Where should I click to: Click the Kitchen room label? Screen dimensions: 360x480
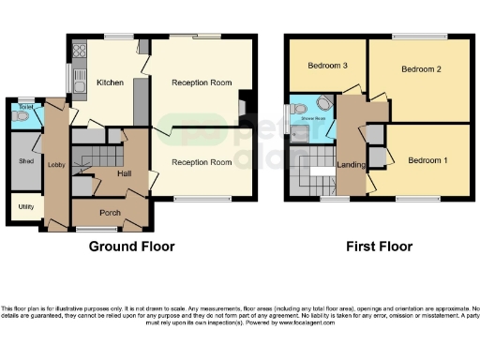(111, 82)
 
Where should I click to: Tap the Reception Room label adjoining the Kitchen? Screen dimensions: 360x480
(201, 82)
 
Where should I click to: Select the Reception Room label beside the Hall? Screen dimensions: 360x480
(201, 162)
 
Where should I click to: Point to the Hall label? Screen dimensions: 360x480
(124, 174)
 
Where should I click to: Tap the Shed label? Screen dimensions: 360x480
(25, 160)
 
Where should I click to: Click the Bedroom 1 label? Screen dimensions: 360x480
(427, 160)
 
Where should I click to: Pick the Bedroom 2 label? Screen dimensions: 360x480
(421, 69)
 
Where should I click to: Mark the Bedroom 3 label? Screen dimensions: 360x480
(325, 66)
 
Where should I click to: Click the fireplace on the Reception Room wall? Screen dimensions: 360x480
(243, 105)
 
